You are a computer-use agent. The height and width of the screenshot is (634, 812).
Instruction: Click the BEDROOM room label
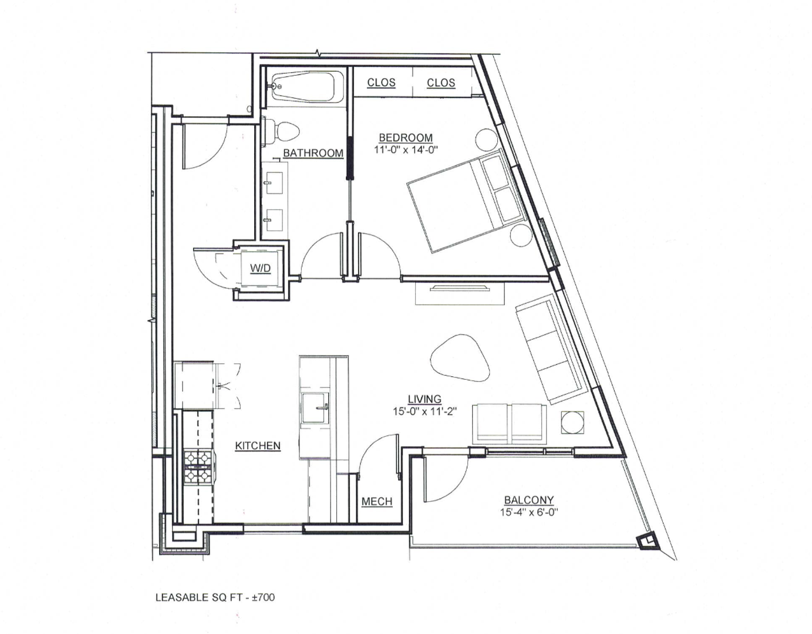tap(405, 138)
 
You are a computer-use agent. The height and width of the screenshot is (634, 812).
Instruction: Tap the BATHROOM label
tap(313, 153)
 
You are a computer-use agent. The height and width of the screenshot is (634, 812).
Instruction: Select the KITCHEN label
tap(257, 446)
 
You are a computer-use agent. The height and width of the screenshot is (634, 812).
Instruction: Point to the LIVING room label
tap(424, 400)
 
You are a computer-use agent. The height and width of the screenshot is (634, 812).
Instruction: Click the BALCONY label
tap(528, 500)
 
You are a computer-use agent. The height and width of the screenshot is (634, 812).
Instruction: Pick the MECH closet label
tap(376, 502)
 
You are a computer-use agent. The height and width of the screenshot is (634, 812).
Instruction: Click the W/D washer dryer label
tap(260, 268)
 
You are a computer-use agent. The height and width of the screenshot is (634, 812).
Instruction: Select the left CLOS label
tap(381, 83)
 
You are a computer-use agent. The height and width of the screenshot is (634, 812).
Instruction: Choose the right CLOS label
tap(441, 83)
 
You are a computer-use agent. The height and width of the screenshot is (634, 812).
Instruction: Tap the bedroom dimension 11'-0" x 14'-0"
tap(406, 150)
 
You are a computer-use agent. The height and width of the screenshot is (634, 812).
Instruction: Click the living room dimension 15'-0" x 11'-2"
tap(424, 412)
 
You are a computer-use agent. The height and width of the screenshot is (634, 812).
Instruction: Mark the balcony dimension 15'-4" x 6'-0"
tap(528, 512)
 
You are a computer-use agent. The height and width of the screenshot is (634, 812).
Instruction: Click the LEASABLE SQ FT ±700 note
tap(215, 598)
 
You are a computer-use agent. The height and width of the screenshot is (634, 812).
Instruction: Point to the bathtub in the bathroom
tap(304, 87)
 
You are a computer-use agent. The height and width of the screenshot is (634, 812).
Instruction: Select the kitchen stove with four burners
tap(198, 466)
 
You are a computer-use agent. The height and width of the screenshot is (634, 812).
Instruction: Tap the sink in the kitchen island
tap(315, 407)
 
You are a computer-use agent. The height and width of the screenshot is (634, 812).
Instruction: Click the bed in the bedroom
tap(464, 201)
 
